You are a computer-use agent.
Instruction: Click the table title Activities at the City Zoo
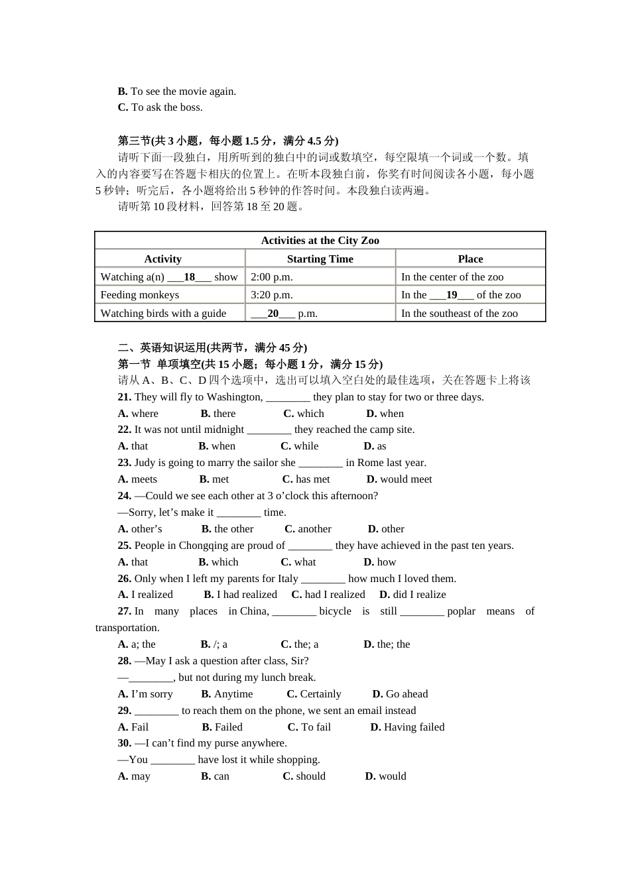[x=320, y=241]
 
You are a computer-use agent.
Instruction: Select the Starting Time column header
[x=320, y=259]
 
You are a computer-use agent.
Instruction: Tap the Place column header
[x=470, y=259]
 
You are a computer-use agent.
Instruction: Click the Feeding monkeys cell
[x=140, y=295]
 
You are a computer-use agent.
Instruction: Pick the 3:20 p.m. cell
[x=272, y=295]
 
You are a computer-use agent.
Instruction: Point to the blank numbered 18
[x=190, y=277]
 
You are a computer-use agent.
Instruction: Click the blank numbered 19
[x=452, y=295]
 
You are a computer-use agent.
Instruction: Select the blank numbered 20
[x=273, y=314]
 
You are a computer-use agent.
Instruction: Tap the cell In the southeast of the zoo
[x=459, y=314]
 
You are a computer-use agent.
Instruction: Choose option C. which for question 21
[x=304, y=414]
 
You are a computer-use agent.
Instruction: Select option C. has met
[x=306, y=479]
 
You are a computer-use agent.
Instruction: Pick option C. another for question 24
[x=308, y=529]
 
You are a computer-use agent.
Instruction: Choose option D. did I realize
[x=412, y=595]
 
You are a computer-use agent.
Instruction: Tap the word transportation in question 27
[x=127, y=628]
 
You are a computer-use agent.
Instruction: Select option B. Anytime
[x=227, y=694]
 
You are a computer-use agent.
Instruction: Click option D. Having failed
[x=407, y=727]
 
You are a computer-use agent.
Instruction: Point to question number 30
[x=125, y=743]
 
